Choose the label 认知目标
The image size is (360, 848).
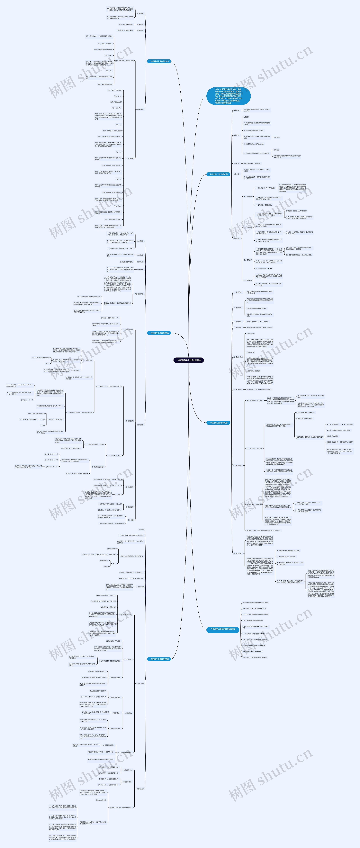[246, 117]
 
